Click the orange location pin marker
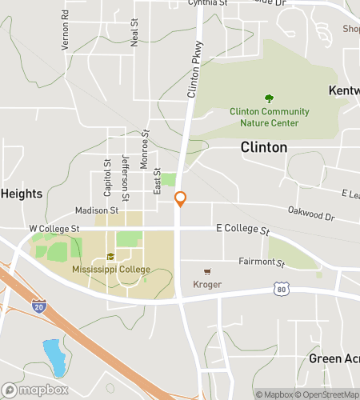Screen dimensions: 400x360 pyautogui.click(x=181, y=199)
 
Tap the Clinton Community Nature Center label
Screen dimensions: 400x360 pyautogui.click(x=264, y=117)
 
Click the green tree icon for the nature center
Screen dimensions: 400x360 pyautogui.click(x=269, y=99)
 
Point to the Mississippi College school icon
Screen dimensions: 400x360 pyautogui.click(x=110, y=257)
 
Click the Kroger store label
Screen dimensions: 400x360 pyautogui.click(x=207, y=285)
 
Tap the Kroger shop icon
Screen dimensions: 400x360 pyautogui.click(x=208, y=272)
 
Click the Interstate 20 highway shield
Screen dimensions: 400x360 pyautogui.click(x=40, y=306)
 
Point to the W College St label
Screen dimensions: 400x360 pyautogui.click(x=54, y=229)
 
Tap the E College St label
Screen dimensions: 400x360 pyautogui.click(x=242, y=230)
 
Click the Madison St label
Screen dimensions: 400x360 pyautogui.click(x=97, y=210)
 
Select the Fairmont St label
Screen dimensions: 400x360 pyautogui.click(x=262, y=262)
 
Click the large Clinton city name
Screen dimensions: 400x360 pyautogui.click(x=264, y=147)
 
